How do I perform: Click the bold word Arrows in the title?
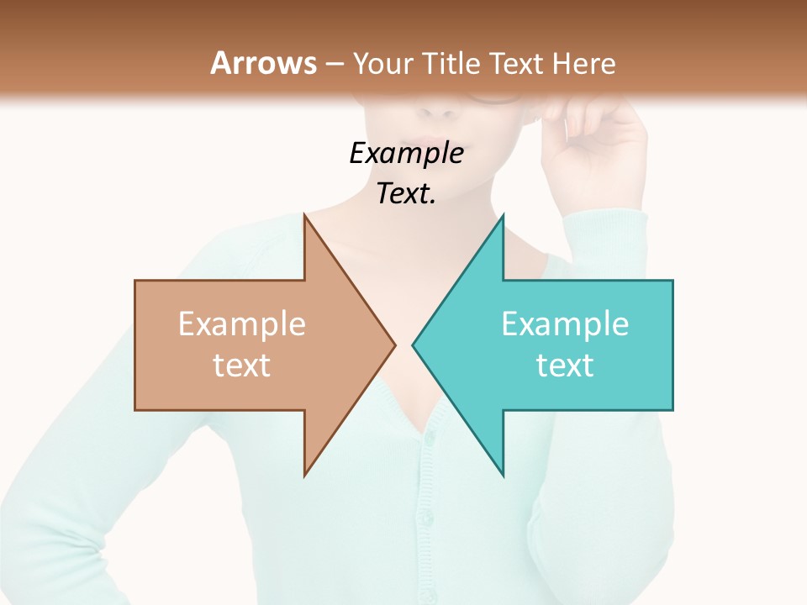point(263,63)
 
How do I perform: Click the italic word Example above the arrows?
point(407,154)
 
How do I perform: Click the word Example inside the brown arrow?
point(242,324)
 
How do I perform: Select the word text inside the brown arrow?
point(242,366)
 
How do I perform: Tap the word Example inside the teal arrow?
point(565,324)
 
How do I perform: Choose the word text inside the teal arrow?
point(565,366)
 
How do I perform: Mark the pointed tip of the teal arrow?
point(414,345)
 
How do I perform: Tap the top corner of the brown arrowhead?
point(305,216)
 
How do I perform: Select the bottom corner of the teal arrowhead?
point(503,475)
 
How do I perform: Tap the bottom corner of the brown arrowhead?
point(305,475)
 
